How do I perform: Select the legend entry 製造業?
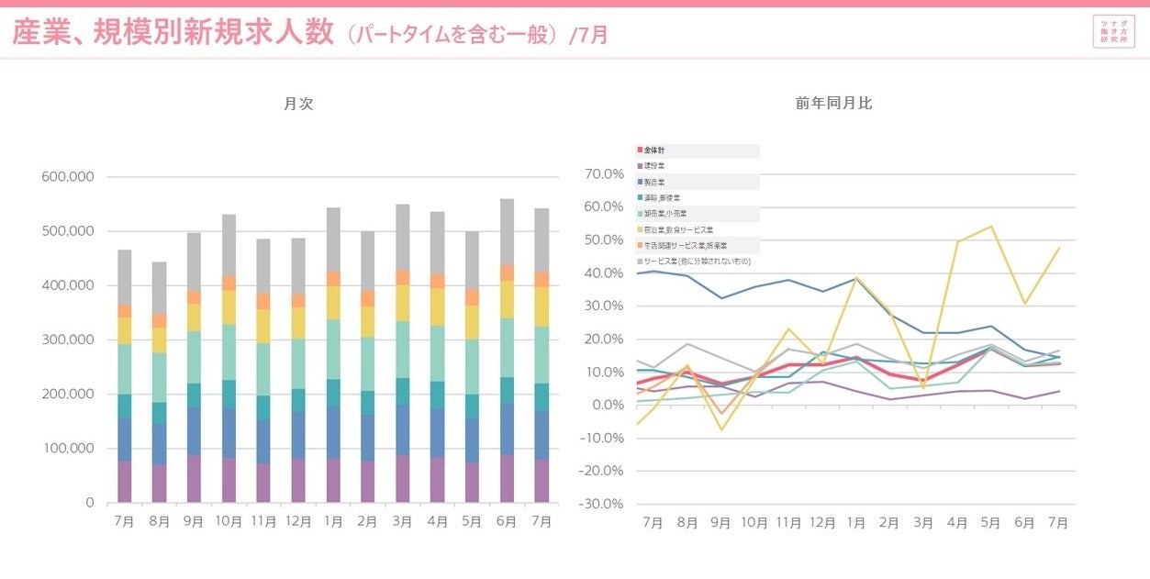655,182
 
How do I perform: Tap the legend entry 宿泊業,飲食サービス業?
678,229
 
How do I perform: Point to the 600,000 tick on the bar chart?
68,177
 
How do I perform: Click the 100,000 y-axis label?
68,449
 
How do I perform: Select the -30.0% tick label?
603,504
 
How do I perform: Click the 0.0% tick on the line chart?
608,405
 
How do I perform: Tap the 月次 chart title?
298,104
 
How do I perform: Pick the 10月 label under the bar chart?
229,521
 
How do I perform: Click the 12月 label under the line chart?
821,522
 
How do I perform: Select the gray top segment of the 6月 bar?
507,231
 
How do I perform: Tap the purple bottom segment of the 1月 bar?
333,480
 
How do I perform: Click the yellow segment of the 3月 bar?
402,302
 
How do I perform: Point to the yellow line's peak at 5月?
990,226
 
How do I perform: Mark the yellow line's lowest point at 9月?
720,429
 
